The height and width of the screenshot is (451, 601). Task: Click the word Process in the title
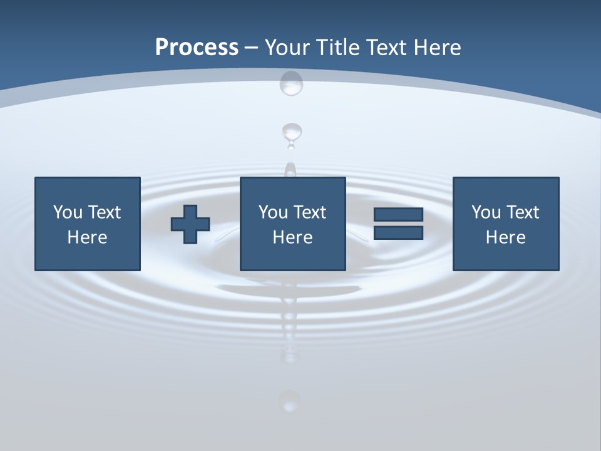(197, 47)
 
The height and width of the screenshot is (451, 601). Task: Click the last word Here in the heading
(438, 47)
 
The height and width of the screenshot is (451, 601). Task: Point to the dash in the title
(251, 48)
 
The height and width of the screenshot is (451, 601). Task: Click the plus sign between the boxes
(190, 224)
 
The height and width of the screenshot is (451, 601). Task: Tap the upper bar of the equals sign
(398, 215)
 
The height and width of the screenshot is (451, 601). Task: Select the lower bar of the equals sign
(398, 232)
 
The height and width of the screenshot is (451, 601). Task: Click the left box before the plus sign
(87, 224)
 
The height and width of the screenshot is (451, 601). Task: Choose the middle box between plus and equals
(292, 224)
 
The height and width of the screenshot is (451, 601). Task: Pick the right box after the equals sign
(505, 224)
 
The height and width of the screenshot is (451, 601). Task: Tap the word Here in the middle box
(292, 237)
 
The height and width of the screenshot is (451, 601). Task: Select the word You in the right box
(486, 212)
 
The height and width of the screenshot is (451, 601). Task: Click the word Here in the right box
(505, 237)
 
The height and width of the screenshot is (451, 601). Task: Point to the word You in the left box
(68, 212)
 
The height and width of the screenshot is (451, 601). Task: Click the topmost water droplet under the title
(291, 83)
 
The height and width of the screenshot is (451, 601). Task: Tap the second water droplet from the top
(291, 133)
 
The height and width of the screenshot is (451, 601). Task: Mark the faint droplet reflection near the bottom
(289, 400)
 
